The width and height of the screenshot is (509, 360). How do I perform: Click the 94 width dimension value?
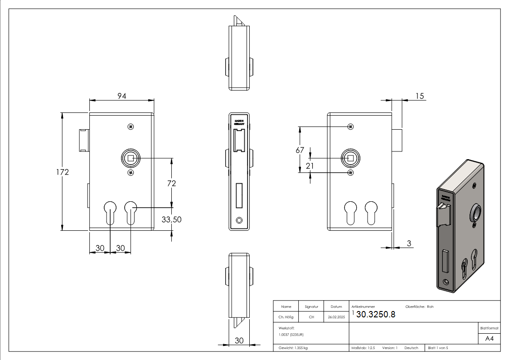[121, 96]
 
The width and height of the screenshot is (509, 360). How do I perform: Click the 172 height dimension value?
[62, 172]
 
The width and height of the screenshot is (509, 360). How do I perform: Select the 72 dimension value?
[171, 183]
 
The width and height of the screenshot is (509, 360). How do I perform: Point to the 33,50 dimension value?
[171, 219]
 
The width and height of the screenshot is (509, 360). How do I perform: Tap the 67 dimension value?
[300, 150]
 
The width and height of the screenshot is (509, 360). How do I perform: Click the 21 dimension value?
[310, 166]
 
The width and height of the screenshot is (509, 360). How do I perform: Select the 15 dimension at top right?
[419, 96]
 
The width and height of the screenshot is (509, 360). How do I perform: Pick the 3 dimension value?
[409, 244]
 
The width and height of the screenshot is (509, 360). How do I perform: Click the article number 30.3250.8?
[376, 315]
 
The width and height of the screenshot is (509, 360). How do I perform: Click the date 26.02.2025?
[336, 317]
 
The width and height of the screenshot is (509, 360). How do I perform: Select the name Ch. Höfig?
[286, 317]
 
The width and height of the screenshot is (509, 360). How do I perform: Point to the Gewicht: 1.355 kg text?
[293, 348]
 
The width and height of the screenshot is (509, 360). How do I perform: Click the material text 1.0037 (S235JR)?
[291, 335]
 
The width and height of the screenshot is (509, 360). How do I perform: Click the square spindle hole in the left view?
[131, 158]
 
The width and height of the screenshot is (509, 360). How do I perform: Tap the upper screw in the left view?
[131, 126]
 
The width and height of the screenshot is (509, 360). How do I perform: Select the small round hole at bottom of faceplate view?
[239, 220]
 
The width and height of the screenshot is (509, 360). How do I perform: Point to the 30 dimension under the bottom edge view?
[239, 341]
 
